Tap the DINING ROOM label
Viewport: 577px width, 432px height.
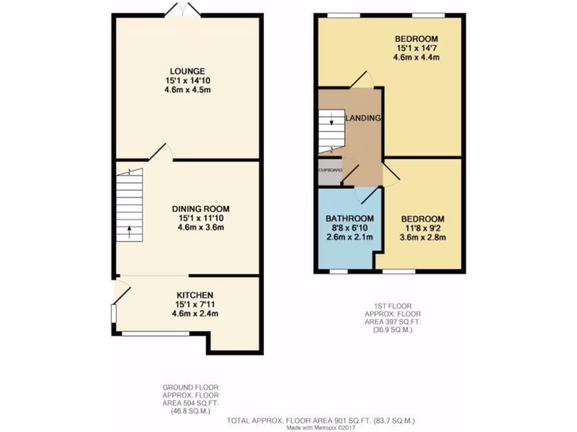(201, 209)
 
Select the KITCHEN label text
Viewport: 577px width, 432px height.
(195, 295)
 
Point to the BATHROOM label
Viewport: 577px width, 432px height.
(349, 219)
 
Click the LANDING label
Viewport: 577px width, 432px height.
(363, 118)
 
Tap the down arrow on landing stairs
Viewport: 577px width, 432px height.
(332, 119)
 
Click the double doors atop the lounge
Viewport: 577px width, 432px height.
(182, 10)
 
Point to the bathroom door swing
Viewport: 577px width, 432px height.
(366, 194)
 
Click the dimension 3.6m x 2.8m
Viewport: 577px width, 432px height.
(423, 237)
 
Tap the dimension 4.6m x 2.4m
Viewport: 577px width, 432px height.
(195, 313)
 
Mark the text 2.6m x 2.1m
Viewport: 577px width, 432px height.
(349, 237)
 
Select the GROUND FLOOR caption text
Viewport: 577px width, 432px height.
(190, 388)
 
